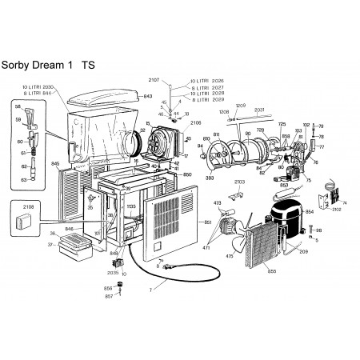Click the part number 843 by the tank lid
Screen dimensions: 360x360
click(146, 96)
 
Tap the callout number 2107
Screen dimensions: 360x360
click(154, 80)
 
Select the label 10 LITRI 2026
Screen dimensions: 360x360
click(206, 82)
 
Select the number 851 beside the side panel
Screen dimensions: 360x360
click(208, 221)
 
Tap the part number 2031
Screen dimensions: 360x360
click(259, 111)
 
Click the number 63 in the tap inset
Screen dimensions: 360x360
click(23, 180)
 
